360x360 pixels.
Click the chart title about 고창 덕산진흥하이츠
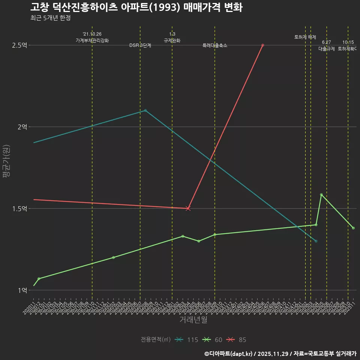pos(136,7)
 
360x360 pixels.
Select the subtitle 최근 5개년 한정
pos(50,18)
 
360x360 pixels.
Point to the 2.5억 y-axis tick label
pos(19,45)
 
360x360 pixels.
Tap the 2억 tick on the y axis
pos(22,127)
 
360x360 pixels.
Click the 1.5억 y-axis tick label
pos(19,208)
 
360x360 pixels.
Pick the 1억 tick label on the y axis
pos(22,290)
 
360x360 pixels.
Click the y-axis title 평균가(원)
pos(6,161)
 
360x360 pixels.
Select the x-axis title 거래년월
pos(193,320)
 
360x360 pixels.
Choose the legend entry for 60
pos(213,340)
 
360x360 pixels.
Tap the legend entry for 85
pos(237,340)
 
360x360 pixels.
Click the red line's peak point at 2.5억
pos(262,45)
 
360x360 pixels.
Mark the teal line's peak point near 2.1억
pos(145,110)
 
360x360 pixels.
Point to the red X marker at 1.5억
pos(188,208)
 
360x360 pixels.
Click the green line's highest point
pos(321,195)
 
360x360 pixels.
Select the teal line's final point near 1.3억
pos(316,241)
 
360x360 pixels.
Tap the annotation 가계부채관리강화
pos(92,40)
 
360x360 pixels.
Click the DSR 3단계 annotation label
pos(140,46)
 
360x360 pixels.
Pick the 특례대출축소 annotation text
pos(215,46)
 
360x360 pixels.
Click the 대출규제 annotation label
pos(327,49)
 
